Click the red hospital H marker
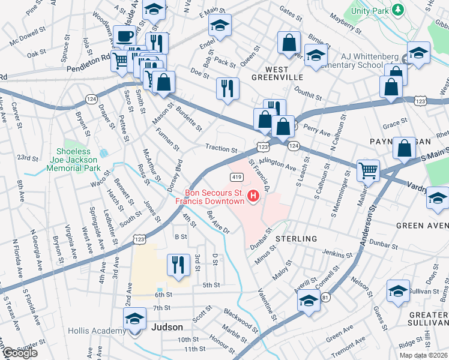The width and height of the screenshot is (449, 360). [x=253, y=196]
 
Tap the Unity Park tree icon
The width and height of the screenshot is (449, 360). [x=396, y=10]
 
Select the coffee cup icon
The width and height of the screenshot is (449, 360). [x=125, y=37]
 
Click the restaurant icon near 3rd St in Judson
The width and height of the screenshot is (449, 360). [x=178, y=264]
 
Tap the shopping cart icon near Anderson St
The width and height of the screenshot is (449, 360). [x=367, y=170]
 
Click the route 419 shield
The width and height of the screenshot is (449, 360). [x=236, y=177]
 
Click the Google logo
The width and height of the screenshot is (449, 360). [x=19, y=353]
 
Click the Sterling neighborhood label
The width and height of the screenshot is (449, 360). [x=296, y=239]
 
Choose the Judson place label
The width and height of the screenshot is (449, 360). [x=167, y=327]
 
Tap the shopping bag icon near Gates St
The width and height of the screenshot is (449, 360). [x=289, y=43]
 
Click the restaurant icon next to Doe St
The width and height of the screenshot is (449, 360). [x=228, y=88]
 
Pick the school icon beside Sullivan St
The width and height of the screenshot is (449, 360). [x=398, y=291]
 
